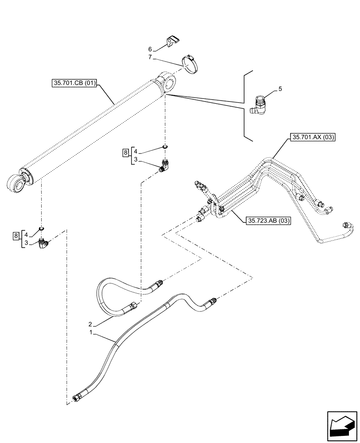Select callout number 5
coord(280,89)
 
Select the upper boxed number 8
coord(126,152)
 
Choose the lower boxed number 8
coord(17,235)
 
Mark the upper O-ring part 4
coord(165,146)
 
